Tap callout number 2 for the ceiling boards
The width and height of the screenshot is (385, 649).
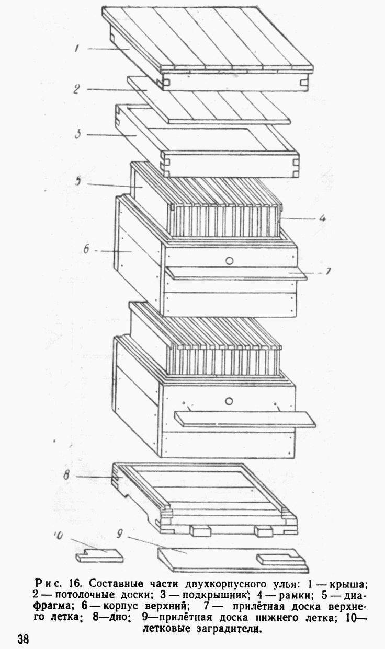[76, 89]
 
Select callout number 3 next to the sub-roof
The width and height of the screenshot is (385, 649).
[77, 134]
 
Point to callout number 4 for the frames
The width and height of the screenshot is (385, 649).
[322, 218]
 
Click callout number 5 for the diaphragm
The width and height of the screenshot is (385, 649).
[78, 181]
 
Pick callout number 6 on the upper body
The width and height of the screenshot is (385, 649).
[86, 249]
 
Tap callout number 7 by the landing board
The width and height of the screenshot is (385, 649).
[328, 271]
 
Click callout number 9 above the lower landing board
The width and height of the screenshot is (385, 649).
[119, 534]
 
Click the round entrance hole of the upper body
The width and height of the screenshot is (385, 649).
[229, 261]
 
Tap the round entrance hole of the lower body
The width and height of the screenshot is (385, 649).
[229, 401]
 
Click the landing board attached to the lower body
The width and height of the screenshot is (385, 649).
[245, 419]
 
